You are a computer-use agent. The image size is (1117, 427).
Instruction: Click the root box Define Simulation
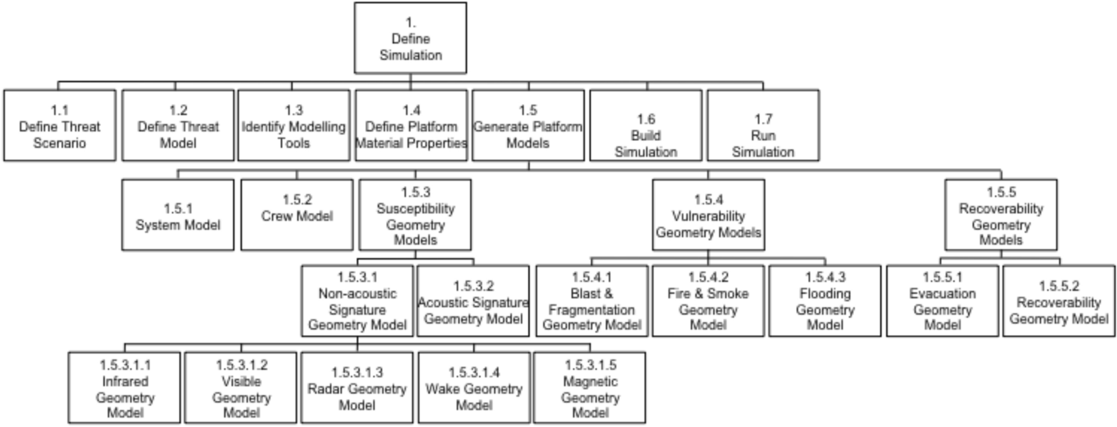(410, 39)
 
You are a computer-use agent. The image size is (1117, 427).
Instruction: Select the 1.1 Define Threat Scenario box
(60, 126)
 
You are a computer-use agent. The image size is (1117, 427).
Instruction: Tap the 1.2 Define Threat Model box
(178, 126)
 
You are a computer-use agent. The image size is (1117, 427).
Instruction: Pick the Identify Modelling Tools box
(293, 126)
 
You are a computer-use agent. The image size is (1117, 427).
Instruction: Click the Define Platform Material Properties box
(411, 126)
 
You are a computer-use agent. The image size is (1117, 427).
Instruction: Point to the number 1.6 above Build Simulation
(646, 119)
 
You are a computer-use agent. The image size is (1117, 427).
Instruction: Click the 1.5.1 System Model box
(178, 216)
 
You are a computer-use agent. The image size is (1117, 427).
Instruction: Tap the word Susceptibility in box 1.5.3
(415, 209)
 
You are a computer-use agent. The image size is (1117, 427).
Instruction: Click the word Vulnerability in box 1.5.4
(708, 216)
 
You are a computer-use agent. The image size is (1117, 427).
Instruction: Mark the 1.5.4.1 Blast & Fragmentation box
(592, 301)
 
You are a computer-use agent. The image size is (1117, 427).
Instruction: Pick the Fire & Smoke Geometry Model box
(708, 301)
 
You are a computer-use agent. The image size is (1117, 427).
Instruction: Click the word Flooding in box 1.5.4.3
(825, 293)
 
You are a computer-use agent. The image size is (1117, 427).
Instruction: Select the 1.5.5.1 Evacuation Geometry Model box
(942, 301)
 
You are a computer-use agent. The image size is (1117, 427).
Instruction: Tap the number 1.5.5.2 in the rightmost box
(1059, 286)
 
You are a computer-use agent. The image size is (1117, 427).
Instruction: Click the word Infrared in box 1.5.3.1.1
(125, 381)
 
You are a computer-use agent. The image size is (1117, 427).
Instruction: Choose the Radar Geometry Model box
(357, 388)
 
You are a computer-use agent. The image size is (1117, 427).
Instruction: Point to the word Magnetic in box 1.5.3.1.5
(590, 381)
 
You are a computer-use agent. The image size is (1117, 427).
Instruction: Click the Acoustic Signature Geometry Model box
(473, 301)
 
